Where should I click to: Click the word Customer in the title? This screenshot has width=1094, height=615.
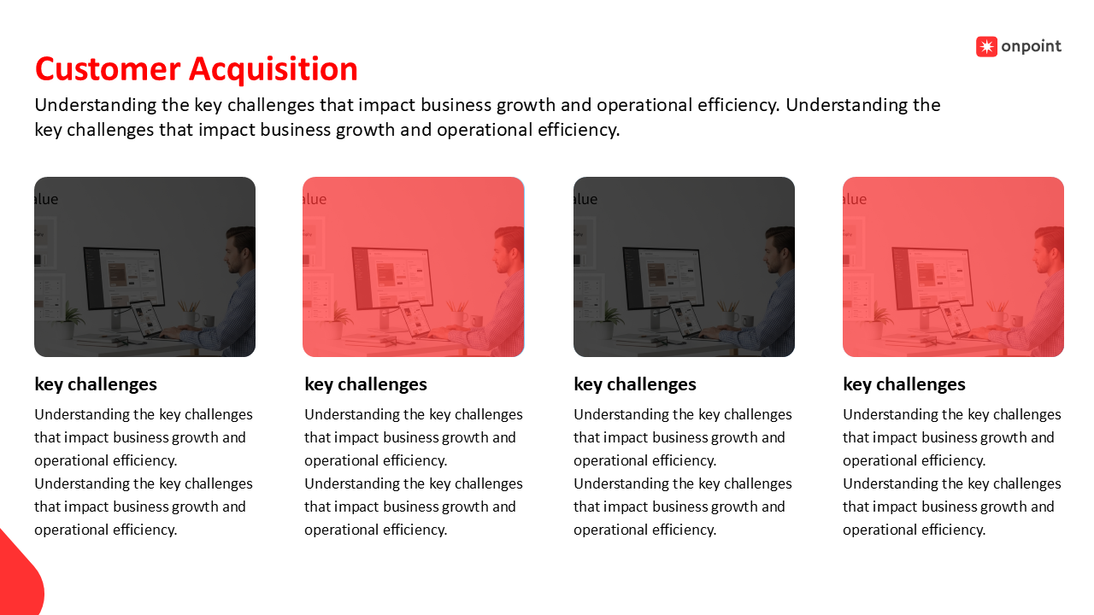tap(108, 69)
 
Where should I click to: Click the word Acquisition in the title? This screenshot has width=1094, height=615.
tap(273, 70)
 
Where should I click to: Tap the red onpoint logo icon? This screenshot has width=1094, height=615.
tap(986, 47)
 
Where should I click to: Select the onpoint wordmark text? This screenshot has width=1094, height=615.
tap(1031, 46)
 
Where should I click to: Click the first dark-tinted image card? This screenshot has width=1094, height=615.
tap(144, 266)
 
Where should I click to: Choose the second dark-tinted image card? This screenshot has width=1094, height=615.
tap(684, 266)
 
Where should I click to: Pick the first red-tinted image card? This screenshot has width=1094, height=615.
tap(413, 266)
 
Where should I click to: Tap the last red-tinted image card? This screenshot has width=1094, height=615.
tap(953, 266)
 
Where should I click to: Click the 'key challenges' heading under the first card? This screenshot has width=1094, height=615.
tap(96, 384)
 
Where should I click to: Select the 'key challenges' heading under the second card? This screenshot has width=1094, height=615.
tap(366, 384)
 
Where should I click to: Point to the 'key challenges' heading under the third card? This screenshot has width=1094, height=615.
tap(635, 384)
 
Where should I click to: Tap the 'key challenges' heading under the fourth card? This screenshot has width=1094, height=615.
tap(904, 384)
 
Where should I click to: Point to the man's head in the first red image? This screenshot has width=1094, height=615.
tap(509, 249)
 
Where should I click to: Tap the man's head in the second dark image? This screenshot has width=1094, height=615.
tap(779, 249)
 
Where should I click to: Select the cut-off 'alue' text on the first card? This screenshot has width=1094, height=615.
tap(46, 199)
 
